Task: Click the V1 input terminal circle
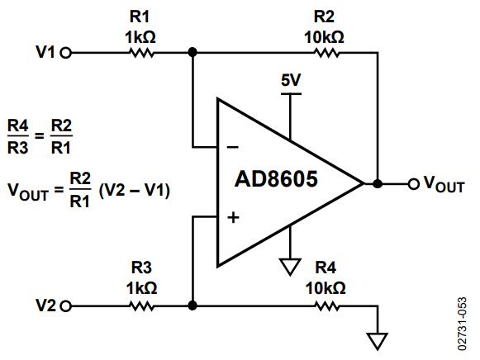pos(65,53)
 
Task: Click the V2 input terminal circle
pos(65,306)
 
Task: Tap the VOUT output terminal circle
pos(413,184)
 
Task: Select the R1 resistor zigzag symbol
pos(142,53)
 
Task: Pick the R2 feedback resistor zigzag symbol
pos(327,53)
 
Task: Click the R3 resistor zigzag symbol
pos(141,306)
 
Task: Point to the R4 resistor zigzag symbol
pos(327,306)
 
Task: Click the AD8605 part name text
pos(276,179)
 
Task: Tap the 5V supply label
pos(291,80)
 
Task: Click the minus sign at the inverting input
pos(233,148)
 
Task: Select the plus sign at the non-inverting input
pos(233,218)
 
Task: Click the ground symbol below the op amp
pos(290,267)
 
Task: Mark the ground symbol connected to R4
pos(378,341)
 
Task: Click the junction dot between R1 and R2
pos(192,53)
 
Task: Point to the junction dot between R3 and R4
pos(192,306)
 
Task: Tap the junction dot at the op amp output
pos(378,184)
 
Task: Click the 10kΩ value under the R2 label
pos(324,38)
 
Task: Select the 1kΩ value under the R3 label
pos(142,288)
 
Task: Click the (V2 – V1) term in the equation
pos(135,190)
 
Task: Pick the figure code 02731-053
pos(463,324)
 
